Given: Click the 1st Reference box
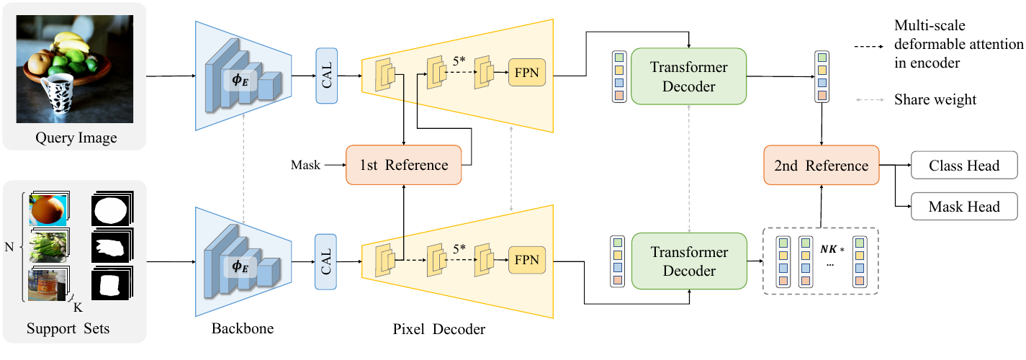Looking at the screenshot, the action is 403,165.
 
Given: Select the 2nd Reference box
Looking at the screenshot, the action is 822,165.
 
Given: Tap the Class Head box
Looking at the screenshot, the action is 964,165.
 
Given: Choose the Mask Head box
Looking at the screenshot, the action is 964,206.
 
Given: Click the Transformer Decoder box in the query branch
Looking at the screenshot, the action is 688,76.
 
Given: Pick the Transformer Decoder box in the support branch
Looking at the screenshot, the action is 689,261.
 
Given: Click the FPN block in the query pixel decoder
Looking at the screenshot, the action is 527,73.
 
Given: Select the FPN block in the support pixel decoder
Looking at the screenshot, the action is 527,260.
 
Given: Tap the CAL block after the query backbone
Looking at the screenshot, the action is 327,76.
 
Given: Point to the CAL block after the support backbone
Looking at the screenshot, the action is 325,261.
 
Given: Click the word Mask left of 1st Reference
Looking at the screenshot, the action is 305,165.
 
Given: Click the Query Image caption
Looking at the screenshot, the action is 76,138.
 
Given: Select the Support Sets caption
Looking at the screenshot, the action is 68,328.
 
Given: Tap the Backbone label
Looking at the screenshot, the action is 243,328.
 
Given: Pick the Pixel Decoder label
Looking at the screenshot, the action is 438,329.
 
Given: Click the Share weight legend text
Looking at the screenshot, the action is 935,99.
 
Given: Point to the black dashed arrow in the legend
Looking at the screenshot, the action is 869,46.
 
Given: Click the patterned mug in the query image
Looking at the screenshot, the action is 58,94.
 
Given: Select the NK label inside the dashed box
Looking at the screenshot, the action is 829,249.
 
